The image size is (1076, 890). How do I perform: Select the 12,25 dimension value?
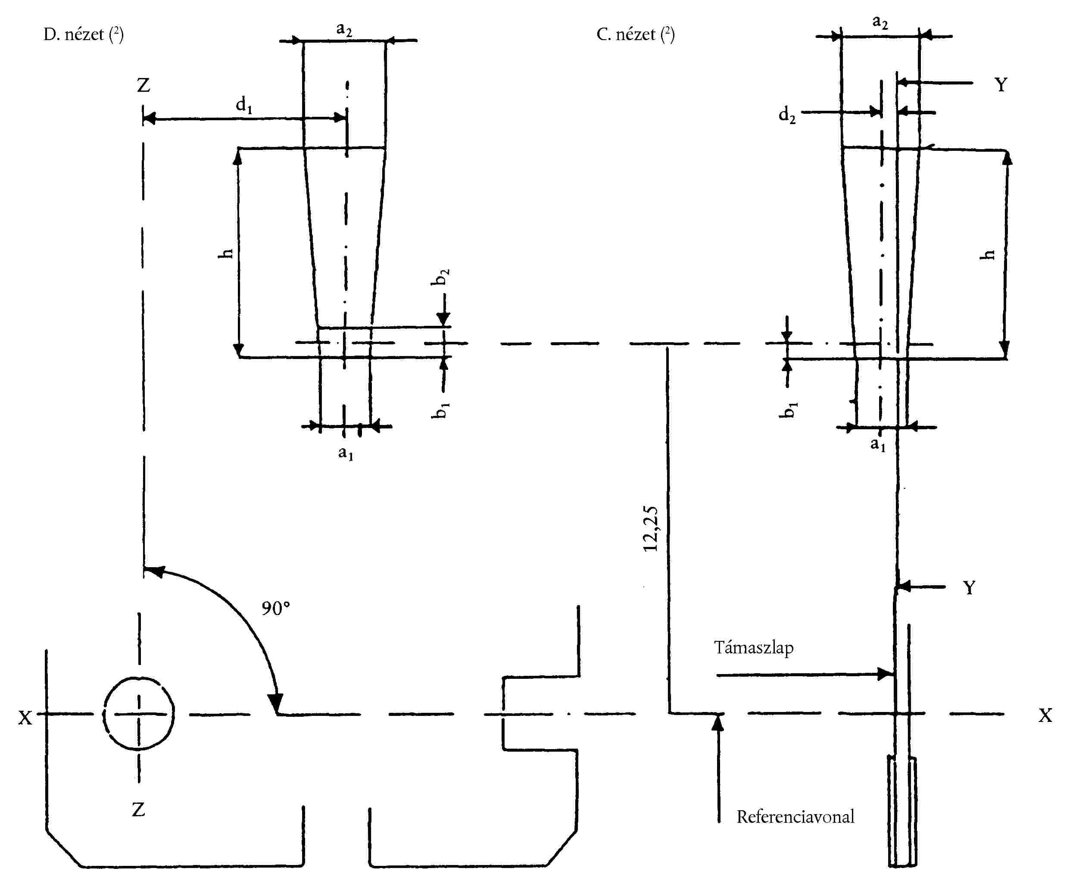pos(651,528)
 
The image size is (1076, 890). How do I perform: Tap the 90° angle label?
pos(276,608)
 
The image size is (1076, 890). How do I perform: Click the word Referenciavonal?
pos(795,817)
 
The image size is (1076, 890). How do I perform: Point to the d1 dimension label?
pos(243,106)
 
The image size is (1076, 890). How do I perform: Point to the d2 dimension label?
pos(787,115)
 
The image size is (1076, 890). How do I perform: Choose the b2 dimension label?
pos(441,277)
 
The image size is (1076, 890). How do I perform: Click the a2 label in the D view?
pos(344,29)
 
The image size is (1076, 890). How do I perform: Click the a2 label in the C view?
pos(880,22)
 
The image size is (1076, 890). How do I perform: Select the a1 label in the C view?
pos(878,444)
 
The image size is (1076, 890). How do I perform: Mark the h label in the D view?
pos(225,253)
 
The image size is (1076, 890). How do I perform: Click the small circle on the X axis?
pos(139,713)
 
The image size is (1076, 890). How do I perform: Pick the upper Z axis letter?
pos(143,85)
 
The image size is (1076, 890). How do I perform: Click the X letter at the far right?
pos(1045,715)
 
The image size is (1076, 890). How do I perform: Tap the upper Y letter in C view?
pos(1001,84)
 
